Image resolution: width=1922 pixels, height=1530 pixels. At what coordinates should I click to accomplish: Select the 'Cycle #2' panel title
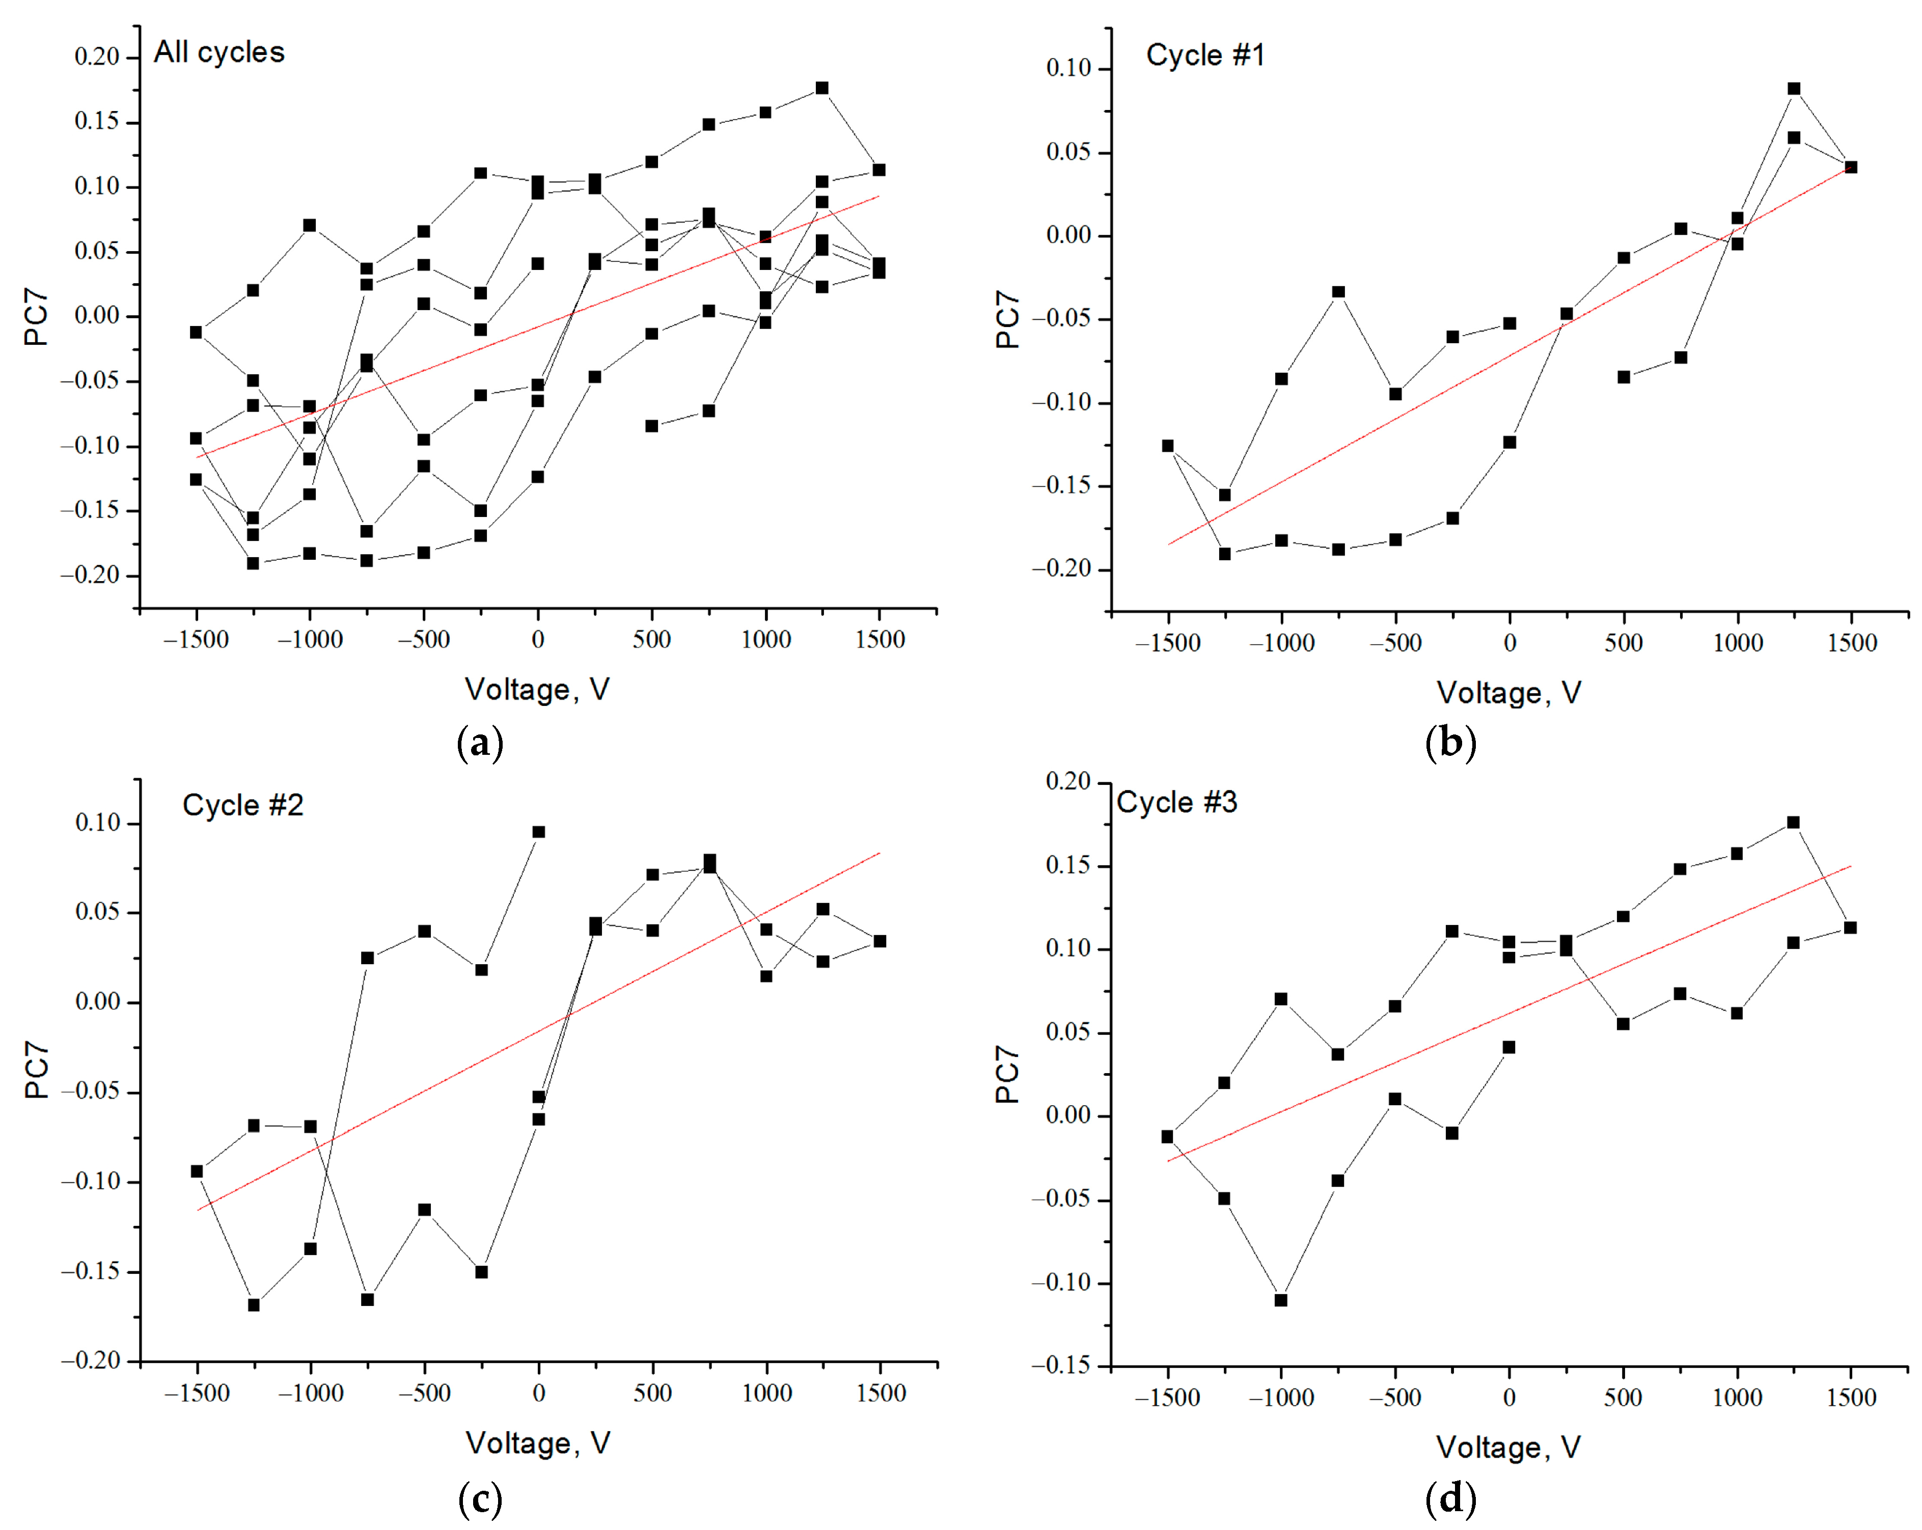click(242, 805)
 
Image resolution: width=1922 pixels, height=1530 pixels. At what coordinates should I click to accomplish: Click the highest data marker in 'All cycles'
click(822, 88)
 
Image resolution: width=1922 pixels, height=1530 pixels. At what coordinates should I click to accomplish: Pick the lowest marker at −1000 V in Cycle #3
click(1281, 1300)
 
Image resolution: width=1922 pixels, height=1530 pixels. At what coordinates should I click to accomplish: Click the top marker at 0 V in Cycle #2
click(538, 832)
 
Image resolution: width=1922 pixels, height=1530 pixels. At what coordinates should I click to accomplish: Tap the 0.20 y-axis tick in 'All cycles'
click(96, 57)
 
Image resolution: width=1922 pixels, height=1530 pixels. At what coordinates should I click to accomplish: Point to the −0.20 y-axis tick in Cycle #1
click(1061, 569)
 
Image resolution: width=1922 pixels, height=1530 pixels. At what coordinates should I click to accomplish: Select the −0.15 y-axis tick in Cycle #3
click(1061, 1365)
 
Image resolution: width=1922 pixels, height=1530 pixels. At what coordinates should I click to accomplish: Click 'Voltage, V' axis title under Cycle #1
click(1508, 693)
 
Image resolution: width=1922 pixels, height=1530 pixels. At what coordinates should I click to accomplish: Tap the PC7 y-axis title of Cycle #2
click(37, 1070)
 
